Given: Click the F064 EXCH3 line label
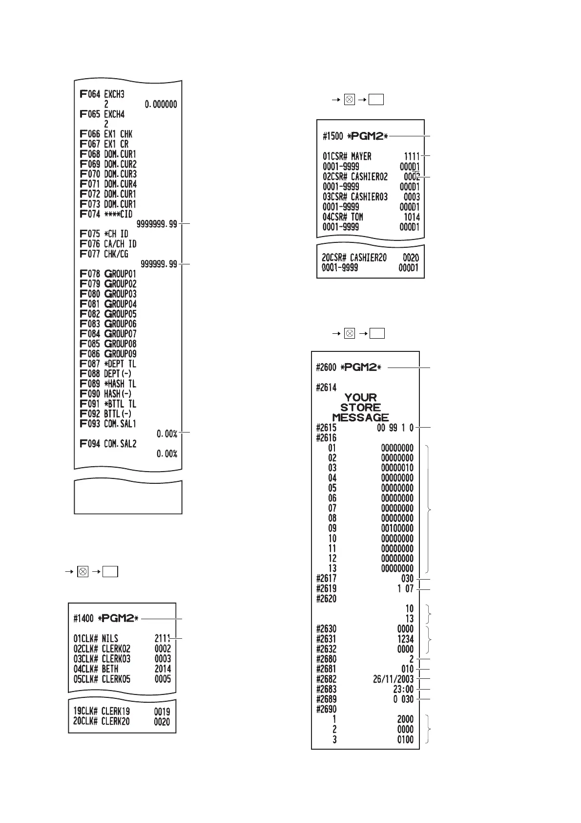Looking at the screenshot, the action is (102, 94).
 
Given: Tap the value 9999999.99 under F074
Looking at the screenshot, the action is (157, 224).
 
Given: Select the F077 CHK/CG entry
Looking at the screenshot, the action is (104, 254).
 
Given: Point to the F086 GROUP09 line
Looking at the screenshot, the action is (108, 354).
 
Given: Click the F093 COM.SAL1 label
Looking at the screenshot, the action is (108, 424).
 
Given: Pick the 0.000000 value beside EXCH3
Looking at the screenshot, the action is (161, 105).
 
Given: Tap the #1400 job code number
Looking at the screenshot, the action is (83, 619).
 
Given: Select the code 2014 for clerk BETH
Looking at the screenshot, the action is (163, 669).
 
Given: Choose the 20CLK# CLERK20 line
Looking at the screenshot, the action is (102, 722).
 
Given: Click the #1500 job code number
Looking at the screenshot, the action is (333, 136).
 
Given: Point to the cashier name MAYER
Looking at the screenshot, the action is (361, 156).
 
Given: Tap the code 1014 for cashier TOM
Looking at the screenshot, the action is (412, 217).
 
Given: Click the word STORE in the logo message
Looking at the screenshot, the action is (360, 408).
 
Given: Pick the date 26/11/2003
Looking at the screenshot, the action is (393, 679).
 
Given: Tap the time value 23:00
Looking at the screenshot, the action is (403, 689).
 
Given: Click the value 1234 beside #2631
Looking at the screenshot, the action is (405, 639).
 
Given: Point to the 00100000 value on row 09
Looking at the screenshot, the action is (397, 528).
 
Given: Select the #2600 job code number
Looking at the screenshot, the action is (327, 368).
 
